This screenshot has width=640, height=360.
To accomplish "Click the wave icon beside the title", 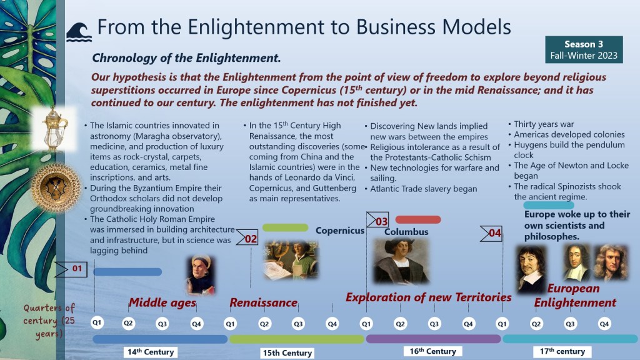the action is point(79,32).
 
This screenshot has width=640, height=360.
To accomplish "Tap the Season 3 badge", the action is point(584,49).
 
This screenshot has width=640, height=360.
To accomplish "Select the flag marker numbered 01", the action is point(71,269).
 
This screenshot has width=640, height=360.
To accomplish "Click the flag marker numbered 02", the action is point(247,237).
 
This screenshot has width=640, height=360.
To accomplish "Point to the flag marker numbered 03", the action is point(377,221).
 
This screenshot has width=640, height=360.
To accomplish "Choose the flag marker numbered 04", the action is point(491,233).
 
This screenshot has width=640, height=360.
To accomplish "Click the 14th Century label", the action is point(151,352).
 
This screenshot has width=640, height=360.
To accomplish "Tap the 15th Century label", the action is point(287,352).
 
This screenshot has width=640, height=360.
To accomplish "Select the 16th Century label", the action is point(432,351).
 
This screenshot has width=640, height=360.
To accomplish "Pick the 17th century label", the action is point(562,351).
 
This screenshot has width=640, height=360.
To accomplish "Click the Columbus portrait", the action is point(401,262).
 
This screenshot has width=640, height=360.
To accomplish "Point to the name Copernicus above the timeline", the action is point(340,231).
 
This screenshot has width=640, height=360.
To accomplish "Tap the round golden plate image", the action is point(56,187).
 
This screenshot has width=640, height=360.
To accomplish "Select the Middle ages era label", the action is point(162,302).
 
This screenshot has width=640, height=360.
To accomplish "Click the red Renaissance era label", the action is point(264,302).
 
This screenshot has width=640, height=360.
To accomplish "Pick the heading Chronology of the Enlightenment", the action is point(186,58).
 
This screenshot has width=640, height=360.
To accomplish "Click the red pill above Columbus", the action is point(418,219).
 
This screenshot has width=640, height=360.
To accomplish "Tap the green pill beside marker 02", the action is point(285,227).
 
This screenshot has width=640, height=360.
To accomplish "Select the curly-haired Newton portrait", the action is point(611,262).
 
